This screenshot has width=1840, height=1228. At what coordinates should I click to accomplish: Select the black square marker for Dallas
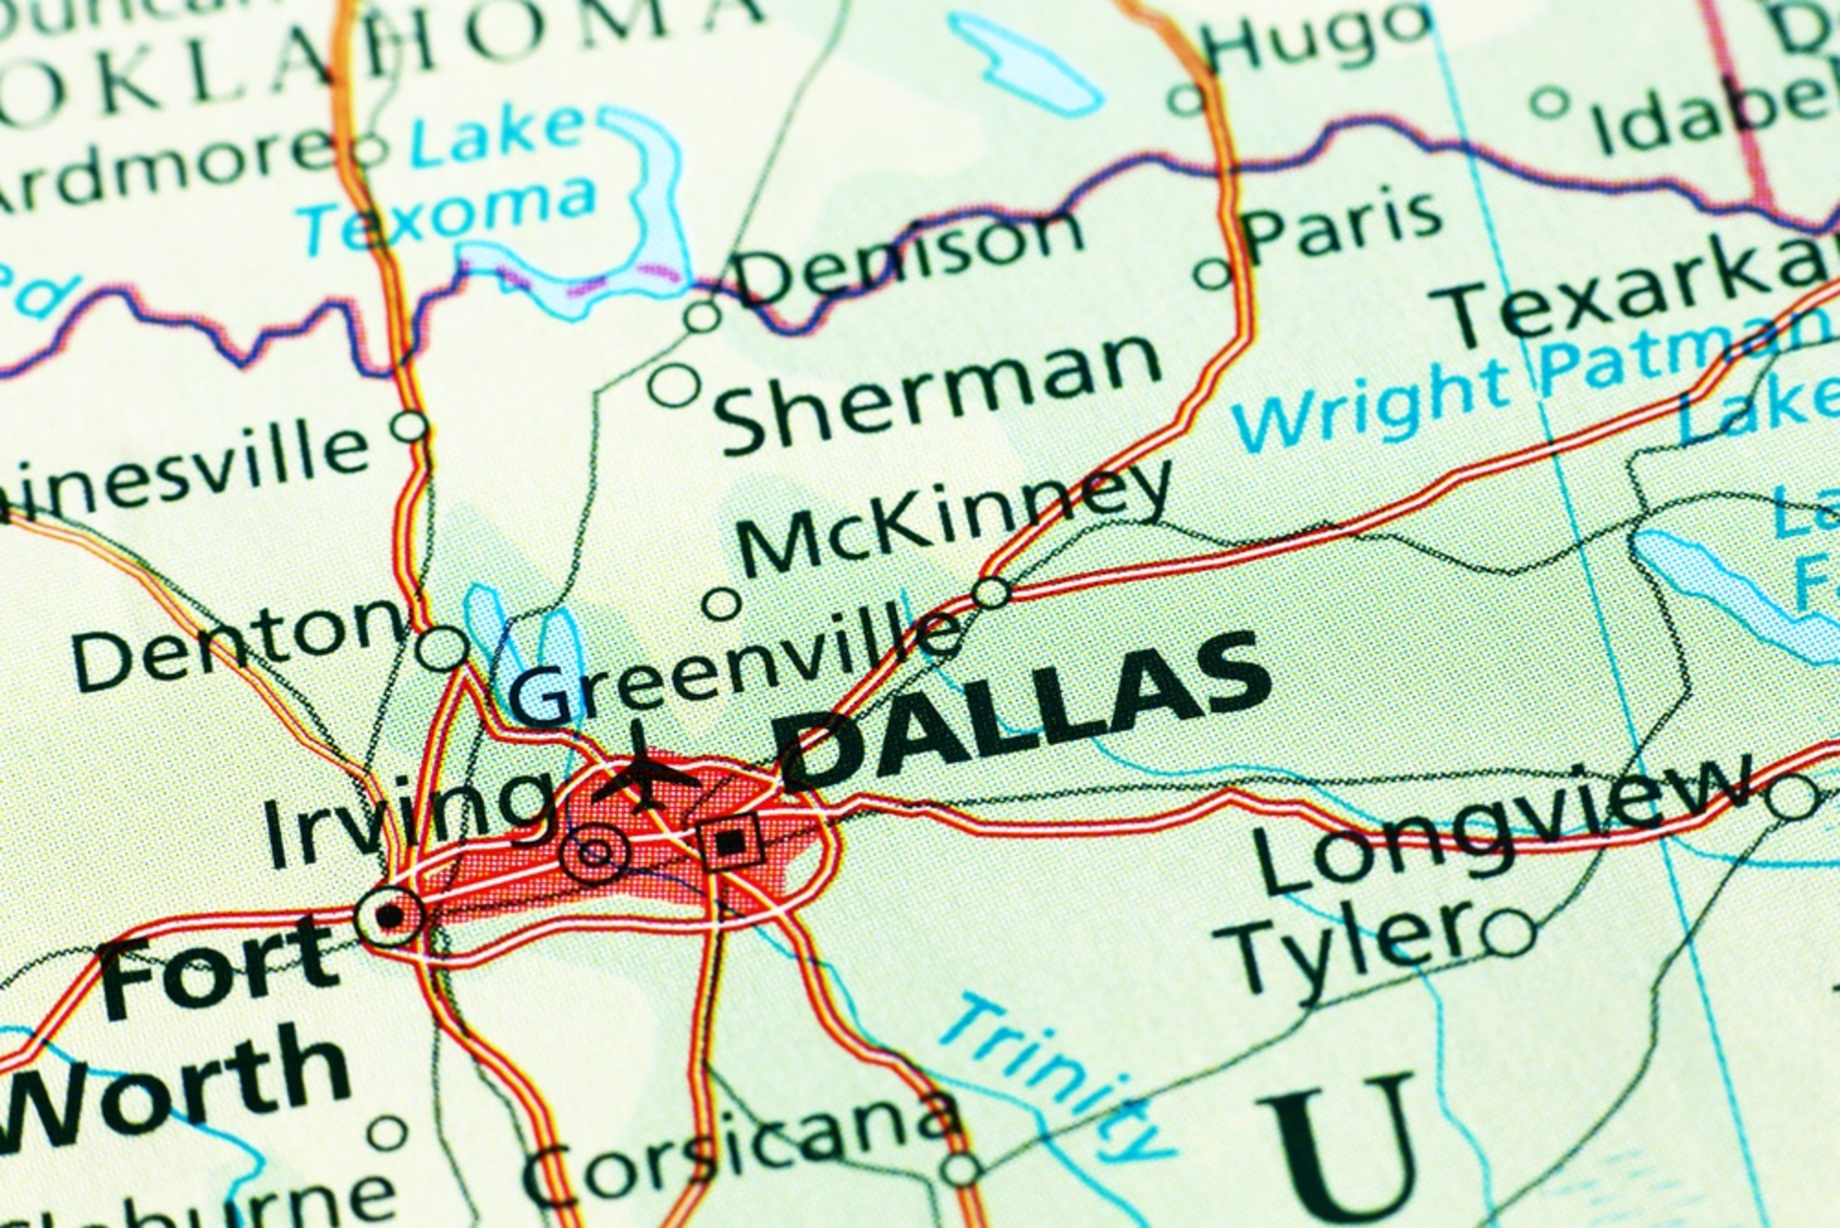click(731, 843)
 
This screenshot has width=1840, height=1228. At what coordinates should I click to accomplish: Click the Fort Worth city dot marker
click(390, 916)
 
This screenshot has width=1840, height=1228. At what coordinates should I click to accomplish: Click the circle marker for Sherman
click(675, 385)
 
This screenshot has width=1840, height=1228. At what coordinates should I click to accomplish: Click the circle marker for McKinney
click(721, 604)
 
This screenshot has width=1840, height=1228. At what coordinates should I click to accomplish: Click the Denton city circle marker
click(442, 649)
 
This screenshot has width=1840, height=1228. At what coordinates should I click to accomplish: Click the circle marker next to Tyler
click(1509, 931)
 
